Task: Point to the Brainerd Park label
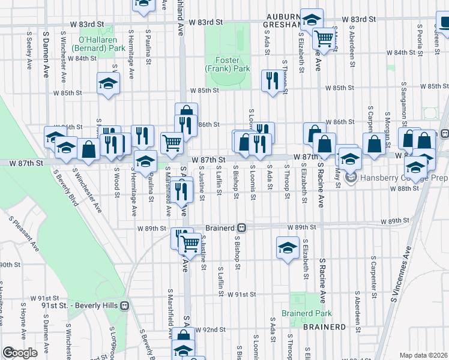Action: click(307, 313)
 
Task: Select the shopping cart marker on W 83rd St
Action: click(324, 39)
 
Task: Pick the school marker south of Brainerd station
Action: click(288, 247)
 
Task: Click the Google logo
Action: click(19, 353)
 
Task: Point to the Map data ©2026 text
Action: click(423, 355)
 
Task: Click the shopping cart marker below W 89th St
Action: click(190, 243)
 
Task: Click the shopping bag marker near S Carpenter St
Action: click(374, 144)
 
